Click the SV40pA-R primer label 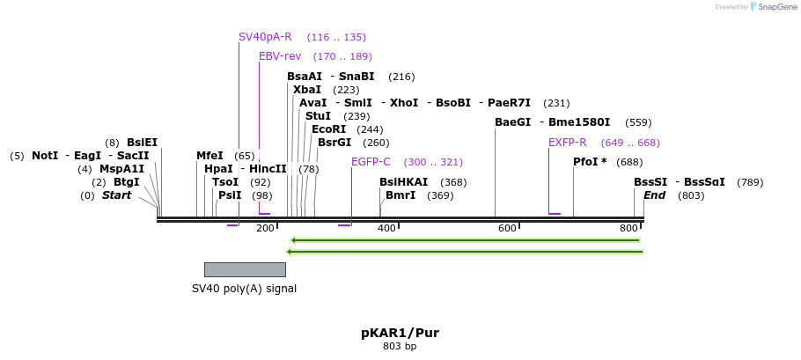[265, 37]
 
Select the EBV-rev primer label [280, 56]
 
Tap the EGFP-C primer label [371, 162]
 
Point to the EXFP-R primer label [568, 143]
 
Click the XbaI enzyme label [307, 90]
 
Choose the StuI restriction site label [318, 116]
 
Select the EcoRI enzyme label [329, 129]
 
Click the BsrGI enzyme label [334, 143]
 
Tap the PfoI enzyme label [590, 162]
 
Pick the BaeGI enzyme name [513, 122]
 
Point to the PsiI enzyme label [230, 195]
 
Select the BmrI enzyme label [400, 195]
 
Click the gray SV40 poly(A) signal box [245, 269]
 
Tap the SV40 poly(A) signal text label [245, 289]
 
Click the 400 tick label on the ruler [386, 229]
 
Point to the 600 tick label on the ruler [507, 229]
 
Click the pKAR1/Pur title [400, 333]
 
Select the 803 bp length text [400, 347]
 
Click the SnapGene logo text [776, 7]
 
